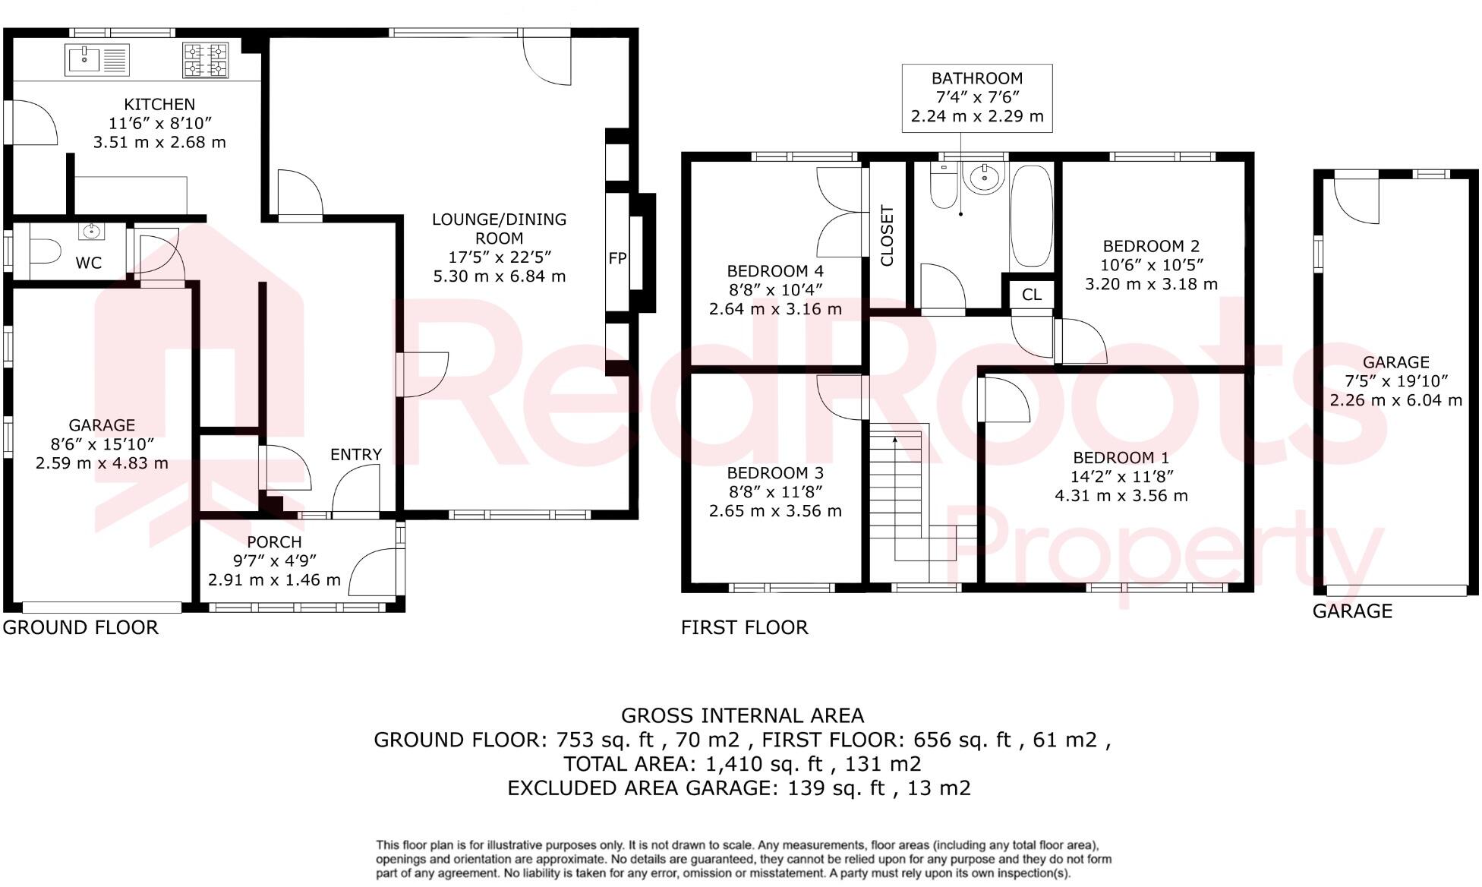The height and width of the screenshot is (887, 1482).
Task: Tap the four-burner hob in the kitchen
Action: click(x=206, y=61)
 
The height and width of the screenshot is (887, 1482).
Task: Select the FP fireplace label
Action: click(x=617, y=258)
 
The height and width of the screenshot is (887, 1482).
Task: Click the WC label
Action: click(x=89, y=264)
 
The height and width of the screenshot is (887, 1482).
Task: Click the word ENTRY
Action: click(x=356, y=455)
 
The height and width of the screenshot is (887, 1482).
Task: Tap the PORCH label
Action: click(x=274, y=542)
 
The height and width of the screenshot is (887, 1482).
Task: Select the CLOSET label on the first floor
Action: click(x=887, y=236)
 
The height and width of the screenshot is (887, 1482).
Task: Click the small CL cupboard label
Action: click(x=1032, y=295)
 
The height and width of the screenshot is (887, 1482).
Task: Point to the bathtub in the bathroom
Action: click(x=1032, y=216)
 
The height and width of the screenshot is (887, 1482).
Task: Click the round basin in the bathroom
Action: click(x=985, y=178)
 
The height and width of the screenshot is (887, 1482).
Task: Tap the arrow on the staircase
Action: click(x=895, y=440)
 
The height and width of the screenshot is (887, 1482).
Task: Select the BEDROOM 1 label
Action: click(x=1121, y=458)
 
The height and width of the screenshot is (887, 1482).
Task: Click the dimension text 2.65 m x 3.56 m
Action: click(x=775, y=511)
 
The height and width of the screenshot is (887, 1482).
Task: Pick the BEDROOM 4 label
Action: click(x=775, y=271)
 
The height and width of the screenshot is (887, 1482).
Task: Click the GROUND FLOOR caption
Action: click(x=81, y=628)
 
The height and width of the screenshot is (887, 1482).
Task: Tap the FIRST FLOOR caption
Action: click(x=744, y=628)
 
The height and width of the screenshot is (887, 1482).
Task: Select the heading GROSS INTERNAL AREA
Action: click(x=742, y=716)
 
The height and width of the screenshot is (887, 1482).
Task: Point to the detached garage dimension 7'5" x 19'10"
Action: click(x=1395, y=381)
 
